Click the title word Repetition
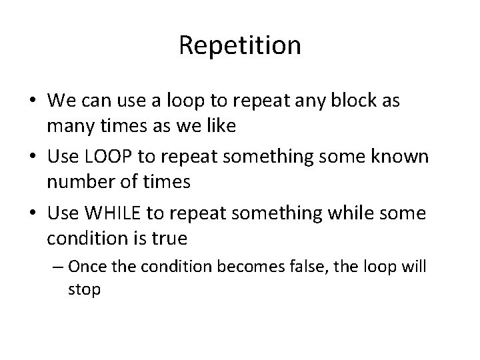[x=240, y=45]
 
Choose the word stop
[x=84, y=291]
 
